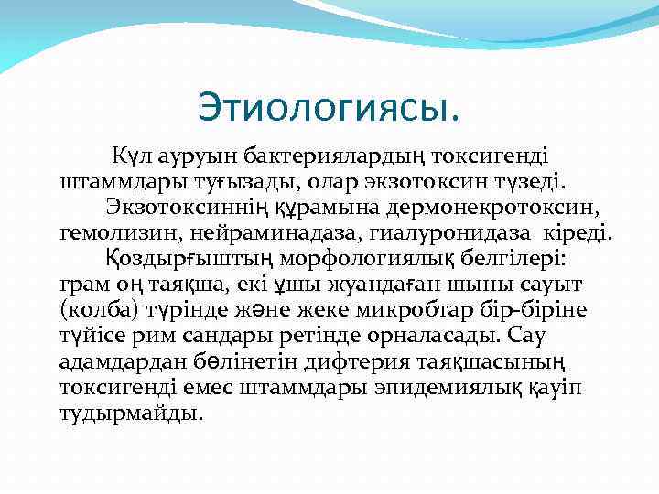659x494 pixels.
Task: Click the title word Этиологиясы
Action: tap(329, 110)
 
